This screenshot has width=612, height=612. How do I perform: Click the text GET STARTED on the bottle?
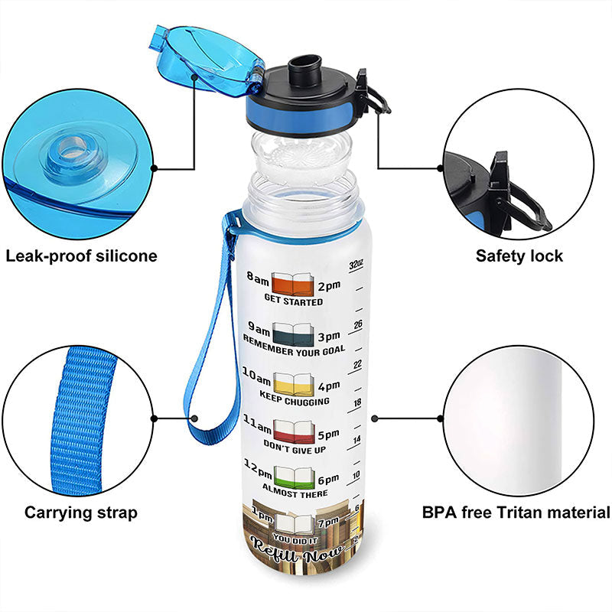click(293, 301)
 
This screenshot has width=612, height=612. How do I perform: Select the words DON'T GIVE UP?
click(295, 449)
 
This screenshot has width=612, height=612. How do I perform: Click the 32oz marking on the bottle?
click(354, 265)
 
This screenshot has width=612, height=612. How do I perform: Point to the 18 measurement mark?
click(356, 402)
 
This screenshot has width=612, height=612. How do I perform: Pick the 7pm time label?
click(327, 522)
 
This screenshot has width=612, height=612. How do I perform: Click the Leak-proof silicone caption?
click(81, 256)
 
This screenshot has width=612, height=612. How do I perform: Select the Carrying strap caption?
click(81, 513)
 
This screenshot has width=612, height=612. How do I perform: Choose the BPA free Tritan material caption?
click(516, 513)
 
